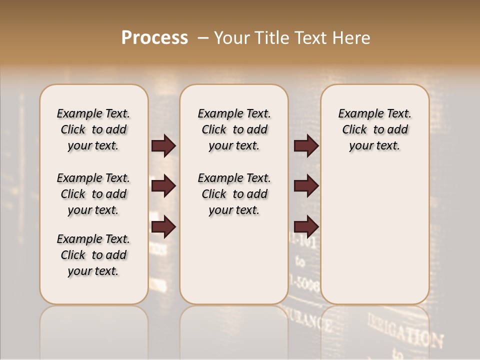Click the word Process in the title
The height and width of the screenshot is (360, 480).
click(x=154, y=38)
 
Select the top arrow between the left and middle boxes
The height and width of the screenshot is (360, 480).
click(x=163, y=145)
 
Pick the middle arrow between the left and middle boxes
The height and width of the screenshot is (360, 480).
click(x=163, y=186)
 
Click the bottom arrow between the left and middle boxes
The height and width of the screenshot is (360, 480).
click(x=163, y=226)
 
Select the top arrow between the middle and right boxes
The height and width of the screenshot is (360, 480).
click(x=306, y=145)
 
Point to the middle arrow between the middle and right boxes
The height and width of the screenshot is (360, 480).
click(x=306, y=186)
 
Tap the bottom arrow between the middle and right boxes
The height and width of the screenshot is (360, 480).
click(x=306, y=226)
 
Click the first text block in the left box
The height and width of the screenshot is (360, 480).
click(x=93, y=129)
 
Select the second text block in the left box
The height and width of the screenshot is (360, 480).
click(x=93, y=194)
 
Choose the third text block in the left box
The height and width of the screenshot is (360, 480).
click(x=93, y=255)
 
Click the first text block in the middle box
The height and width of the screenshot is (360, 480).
click(x=234, y=129)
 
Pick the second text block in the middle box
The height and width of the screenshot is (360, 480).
click(x=234, y=194)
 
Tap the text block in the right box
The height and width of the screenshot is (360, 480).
click(x=374, y=129)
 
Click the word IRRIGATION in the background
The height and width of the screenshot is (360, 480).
click(x=405, y=330)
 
